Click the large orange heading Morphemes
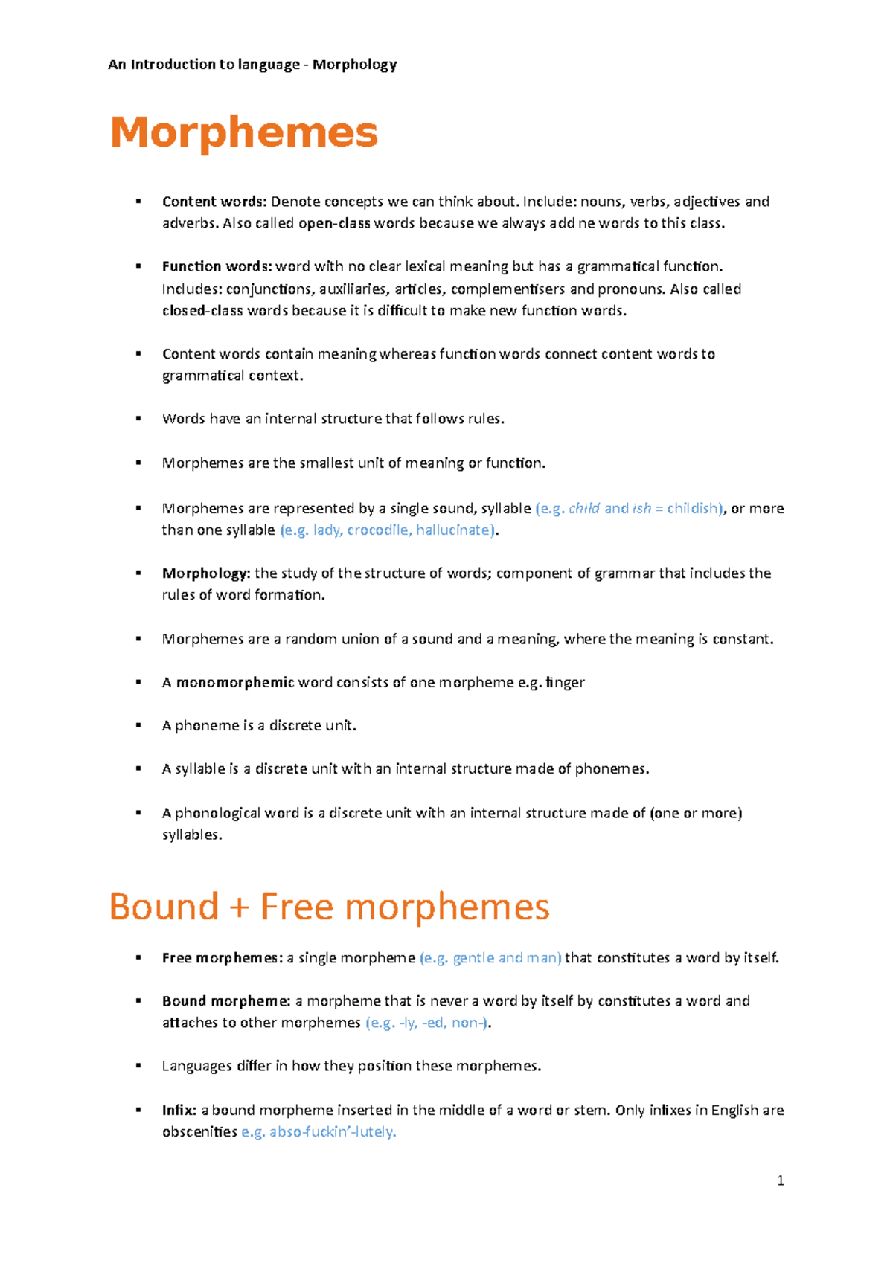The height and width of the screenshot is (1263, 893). click(244, 132)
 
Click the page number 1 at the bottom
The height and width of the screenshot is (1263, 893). click(780, 1180)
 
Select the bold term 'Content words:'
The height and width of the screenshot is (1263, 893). click(214, 202)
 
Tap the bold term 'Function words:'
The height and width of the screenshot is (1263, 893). click(217, 266)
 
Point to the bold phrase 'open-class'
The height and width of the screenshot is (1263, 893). click(334, 223)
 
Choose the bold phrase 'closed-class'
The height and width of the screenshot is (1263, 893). click(202, 310)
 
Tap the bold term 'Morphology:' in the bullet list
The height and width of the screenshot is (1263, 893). click(206, 573)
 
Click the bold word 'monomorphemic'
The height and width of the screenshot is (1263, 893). click(235, 682)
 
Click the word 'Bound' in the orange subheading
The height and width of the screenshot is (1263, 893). click(164, 907)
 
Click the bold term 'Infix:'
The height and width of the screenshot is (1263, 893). click(179, 1110)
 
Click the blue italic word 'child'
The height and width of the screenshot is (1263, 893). click(584, 508)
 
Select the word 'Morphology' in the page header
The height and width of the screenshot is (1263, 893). click(354, 65)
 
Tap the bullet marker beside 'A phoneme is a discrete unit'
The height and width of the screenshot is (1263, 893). click(138, 725)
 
